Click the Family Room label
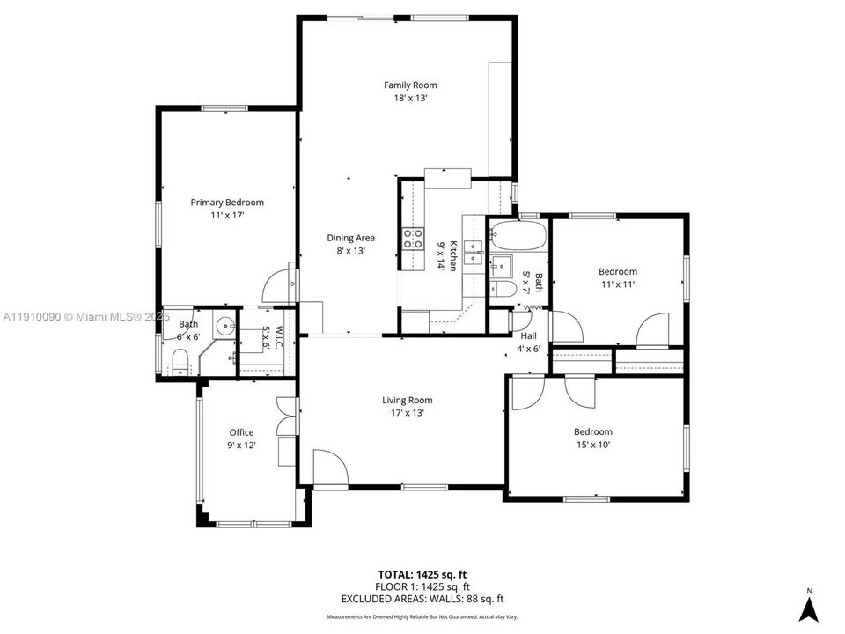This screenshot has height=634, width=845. point(410,85)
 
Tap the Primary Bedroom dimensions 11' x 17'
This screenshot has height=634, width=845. point(227,215)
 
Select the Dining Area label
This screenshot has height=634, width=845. point(351,238)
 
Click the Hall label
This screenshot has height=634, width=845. point(528,336)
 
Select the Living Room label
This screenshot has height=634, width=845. point(407,401)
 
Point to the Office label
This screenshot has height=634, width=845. point(241,432)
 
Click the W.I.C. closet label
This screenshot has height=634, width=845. point(276,335)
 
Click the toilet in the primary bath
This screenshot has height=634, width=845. point(180,359)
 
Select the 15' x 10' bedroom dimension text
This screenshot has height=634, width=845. point(592,445)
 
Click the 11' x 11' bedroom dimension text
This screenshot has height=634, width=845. point(617,284)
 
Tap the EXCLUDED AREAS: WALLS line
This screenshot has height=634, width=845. point(422,599)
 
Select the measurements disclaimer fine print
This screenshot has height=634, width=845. point(422,617)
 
